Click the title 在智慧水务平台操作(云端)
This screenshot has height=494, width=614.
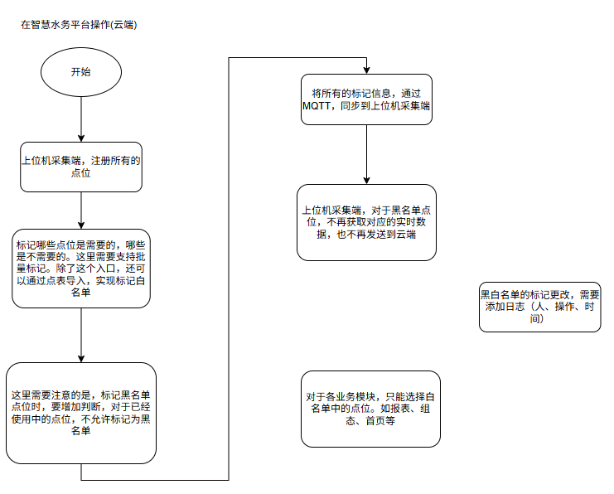pos(79,25)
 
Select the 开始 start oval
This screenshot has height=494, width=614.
pos(80,72)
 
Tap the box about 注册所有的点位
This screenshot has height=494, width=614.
pos(80,167)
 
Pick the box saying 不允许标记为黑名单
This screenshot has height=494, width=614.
pos(80,413)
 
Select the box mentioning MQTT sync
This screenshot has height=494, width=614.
pos(366,100)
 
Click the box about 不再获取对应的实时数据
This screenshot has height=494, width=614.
pos(366,222)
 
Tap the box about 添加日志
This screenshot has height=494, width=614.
pos(539,307)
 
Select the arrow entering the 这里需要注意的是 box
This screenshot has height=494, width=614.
pos(80,336)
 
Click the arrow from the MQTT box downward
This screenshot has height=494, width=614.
pos(366,154)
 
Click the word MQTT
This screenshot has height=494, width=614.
pos(320,107)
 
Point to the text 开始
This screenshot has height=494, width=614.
pos(80,72)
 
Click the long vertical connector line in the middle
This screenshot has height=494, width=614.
pos(228,265)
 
